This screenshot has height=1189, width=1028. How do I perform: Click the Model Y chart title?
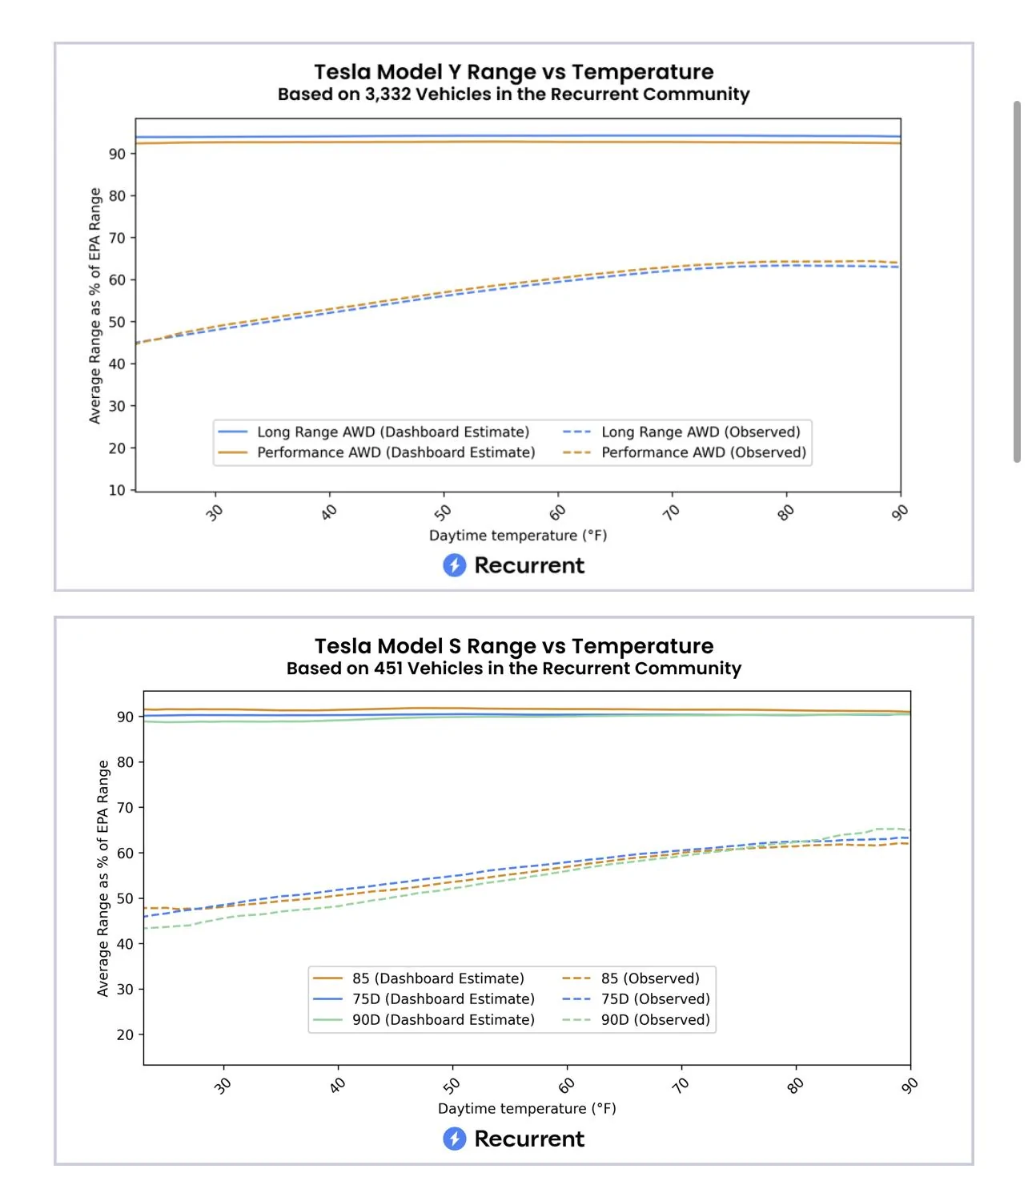coord(513,72)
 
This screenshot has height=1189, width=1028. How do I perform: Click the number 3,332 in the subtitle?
coord(388,94)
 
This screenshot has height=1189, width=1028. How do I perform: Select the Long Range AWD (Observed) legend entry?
coord(681,432)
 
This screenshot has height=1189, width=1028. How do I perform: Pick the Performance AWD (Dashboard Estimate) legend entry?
coord(376,452)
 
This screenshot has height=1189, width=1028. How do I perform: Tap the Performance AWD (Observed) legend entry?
coord(684,452)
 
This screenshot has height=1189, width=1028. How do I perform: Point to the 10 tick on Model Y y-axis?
coord(117,490)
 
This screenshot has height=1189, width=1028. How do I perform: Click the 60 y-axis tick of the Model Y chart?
coord(117,280)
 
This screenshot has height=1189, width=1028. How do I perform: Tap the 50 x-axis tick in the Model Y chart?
coord(443,512)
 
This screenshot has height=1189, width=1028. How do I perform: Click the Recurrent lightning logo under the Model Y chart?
coord(454,565)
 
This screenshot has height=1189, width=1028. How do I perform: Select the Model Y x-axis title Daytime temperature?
coord(518,535)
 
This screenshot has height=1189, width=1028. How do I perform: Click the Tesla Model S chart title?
coord(514,645)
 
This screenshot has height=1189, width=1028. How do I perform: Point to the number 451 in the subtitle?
coord(389,668)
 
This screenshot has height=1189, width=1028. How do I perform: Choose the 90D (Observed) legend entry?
coord(636,1019)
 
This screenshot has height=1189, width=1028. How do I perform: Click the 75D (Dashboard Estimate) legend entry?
coord(424,998)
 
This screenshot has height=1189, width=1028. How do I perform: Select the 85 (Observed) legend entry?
coord(631,978)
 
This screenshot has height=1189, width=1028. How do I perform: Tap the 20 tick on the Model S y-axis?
coord(125,1034)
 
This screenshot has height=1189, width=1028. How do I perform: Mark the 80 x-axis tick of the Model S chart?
coord(795,1086)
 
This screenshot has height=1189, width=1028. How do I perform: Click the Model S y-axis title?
coord(102,878)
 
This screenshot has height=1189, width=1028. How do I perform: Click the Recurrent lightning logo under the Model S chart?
coord(454,1139)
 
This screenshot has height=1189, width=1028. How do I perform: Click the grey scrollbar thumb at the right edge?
coord(1017,282)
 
